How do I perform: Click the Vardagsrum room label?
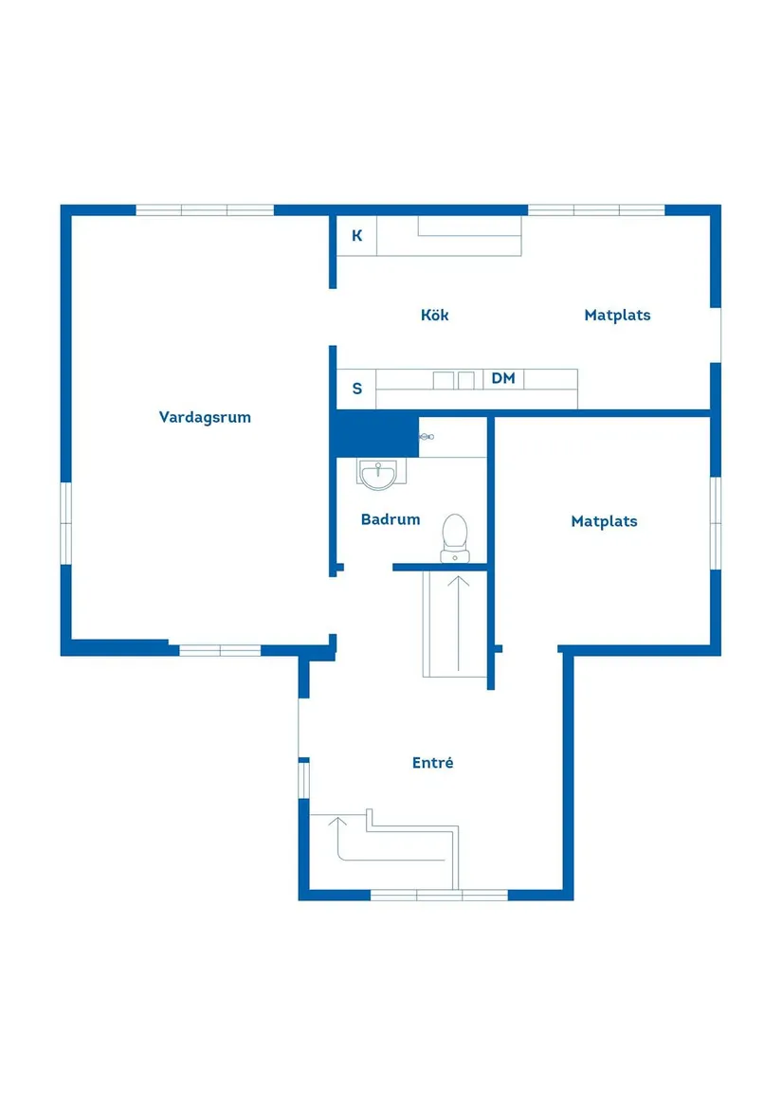[x=205, y=417]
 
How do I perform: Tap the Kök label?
[x=434, y=315]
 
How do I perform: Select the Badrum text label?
[x=391, y=519]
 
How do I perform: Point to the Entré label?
[x=432, y=762]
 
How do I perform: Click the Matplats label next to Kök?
[x=617, y=316]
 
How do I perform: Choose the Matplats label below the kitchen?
[x=604, y=521]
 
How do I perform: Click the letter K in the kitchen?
[x=357, y=236]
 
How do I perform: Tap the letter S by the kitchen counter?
[x=357, y=389]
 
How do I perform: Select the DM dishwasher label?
[x=503, y=378]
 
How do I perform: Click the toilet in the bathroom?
[x=455, y=538]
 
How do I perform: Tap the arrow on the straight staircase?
[x=458, y=624]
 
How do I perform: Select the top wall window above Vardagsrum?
[x=205, y=209]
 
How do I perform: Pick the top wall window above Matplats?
[x=596, y=209]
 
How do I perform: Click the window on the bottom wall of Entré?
[x=439, y=895]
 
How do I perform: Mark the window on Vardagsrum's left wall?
[x=65, y=523]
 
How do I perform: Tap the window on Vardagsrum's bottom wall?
[x=220, y=650]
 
